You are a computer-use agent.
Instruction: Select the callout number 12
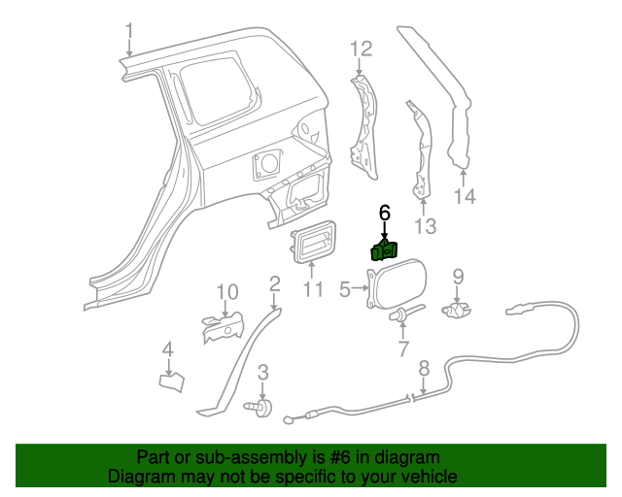(x=361, y=49)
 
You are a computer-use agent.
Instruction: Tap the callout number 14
(x=465, y=197)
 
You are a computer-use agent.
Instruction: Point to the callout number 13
(x=426, y=226)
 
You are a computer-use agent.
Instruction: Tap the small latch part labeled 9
(x=457, y=310)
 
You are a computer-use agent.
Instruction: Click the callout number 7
(x=402, y=348)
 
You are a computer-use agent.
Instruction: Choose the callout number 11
(x=312, y=288)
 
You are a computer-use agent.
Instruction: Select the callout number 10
(x=225, y=291)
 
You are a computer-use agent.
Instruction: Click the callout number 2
(x=275, y=283)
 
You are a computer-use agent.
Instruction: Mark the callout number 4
(x=167, y=349)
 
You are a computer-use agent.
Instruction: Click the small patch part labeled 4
(x=171, y=381)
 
